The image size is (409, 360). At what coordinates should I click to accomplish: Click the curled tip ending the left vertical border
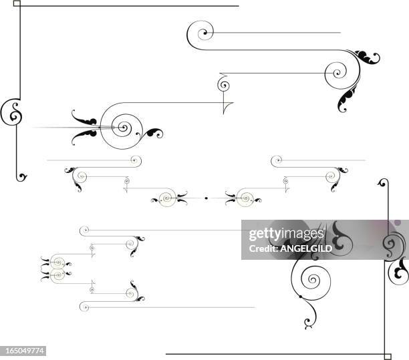pyautogui.click(x=23, y=178)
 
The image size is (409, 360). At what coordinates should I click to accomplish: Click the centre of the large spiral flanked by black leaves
pyautogui.click(x=122, y=125)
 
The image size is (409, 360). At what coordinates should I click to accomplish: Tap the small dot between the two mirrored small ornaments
pyautogui.click(x=206, y=198)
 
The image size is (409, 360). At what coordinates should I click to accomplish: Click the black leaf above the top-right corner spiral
pyautogui.click(x=367, y=57)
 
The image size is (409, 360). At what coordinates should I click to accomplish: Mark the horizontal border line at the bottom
pyautogui.click(x=274, y=354)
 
